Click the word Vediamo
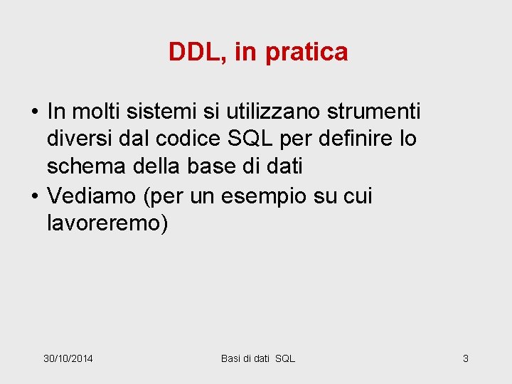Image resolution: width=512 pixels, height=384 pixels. tap(92, 195)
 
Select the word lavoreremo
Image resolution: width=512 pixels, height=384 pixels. tap(107, 223)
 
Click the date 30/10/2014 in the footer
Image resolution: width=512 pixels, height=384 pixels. tap(68, 358)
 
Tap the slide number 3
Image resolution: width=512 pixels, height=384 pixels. tap(466, 358)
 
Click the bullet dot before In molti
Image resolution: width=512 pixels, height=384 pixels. tap(34, 112)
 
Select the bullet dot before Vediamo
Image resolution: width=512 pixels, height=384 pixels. tap(34, 196)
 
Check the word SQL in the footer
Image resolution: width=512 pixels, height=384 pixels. tap(285, 358)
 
